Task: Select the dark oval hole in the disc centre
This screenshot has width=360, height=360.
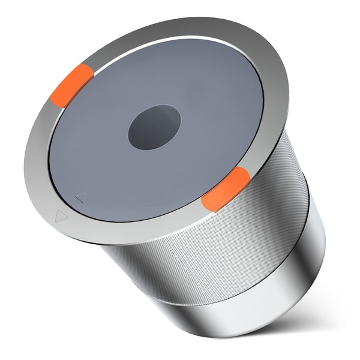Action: pyautogui.click(x=154, y=127)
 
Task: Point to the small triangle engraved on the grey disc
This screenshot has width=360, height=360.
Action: pyautogui.click(x=80, y=197)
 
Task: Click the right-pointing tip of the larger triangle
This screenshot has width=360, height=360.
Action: pyautogui.click(x=67, y=217)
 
